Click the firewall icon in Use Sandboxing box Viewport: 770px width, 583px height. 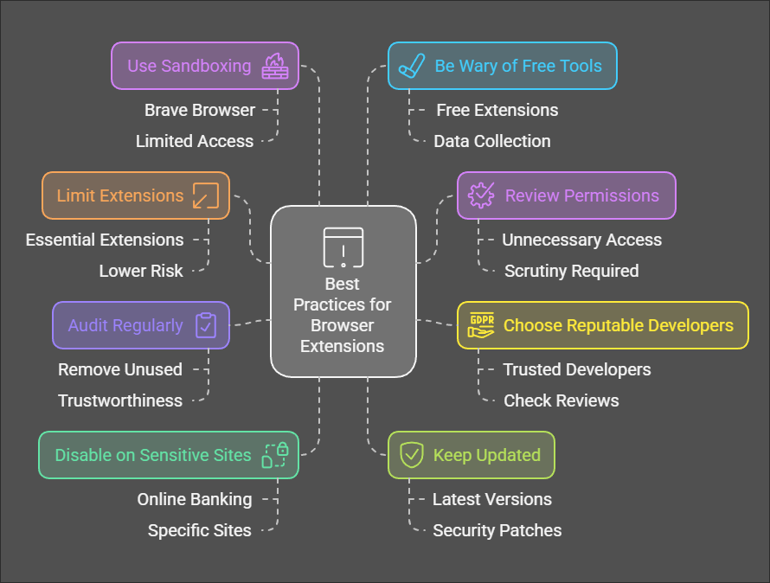point(275,66)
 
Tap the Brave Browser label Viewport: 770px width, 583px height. point(200,110)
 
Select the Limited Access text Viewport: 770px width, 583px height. point(195,141)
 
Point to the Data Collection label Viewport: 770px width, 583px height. point(491,141)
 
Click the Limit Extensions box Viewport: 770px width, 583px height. point(136,195)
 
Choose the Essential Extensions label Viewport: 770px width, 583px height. point(105,240)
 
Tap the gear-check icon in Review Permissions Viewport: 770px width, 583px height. point(480,195)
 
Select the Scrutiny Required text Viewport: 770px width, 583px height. point(571,271)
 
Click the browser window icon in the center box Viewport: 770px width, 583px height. point(343,247)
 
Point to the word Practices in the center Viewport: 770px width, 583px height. point(343,304)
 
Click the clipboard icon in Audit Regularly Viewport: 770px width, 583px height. point(206,325)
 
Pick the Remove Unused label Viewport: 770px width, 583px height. point(120,369)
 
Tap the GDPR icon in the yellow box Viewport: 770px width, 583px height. point(480,325)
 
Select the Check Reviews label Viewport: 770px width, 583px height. point(561,400)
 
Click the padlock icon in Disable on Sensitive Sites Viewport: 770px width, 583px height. point(275,455)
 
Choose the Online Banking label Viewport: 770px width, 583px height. point(195,499)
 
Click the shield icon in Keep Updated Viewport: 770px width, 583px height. point(412,456)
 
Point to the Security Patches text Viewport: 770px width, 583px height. point(497,530)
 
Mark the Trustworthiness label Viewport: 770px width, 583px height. point(120,400)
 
